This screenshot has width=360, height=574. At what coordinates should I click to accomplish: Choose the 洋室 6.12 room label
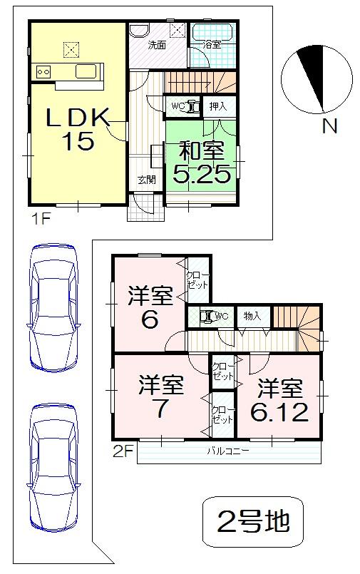point(279,401)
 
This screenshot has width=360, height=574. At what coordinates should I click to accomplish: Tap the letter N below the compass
point(329,128)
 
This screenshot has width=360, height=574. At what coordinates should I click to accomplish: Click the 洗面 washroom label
point(157,45)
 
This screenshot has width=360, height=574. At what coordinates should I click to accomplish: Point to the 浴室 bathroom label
point(211,45)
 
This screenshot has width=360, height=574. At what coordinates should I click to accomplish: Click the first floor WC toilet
point(182,106)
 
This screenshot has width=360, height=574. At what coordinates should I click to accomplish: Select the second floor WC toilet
point(211,316)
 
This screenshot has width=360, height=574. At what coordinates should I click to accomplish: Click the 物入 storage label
point(252,316)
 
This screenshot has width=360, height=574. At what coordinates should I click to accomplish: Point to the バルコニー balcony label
point(227,451)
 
